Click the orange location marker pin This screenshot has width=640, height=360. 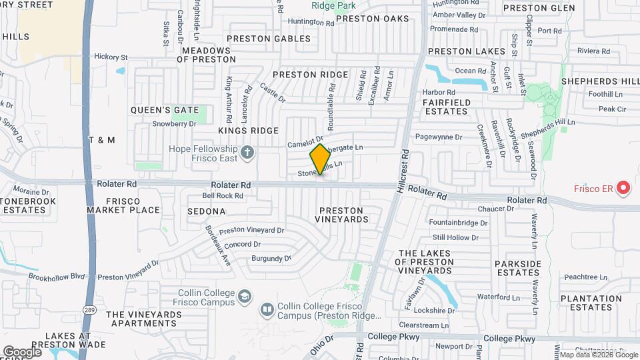pos(321,159)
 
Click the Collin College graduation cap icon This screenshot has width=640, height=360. pos(245,296)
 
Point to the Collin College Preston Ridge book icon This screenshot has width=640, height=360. pos(267,309)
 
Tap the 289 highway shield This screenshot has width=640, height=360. pos(88,309)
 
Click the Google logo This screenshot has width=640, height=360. pos(22,351)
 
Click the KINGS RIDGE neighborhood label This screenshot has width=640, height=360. pos(247,131)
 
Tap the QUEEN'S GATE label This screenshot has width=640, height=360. pos(165,110)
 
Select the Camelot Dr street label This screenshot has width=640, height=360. pos(305,142)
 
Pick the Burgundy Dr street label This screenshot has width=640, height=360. pos(271,258)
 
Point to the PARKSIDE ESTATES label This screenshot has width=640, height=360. pos(518,269)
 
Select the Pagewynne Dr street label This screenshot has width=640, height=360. pos(438,137)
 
